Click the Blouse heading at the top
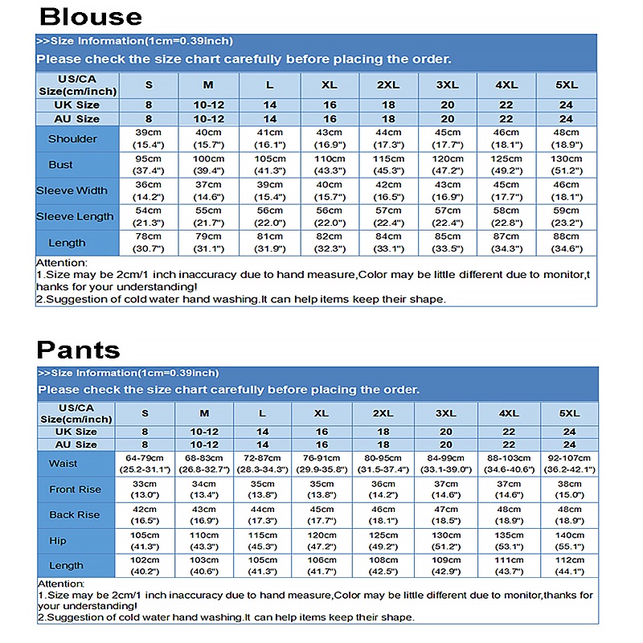[91, 16]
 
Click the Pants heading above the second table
[79, 349]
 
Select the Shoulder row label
[72, 139]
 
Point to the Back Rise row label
[74, 515]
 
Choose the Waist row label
[63, 464]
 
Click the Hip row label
[57, 541]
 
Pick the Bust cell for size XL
[330, 165]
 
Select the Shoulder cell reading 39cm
[149, 139]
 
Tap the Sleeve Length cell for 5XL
[567, 217]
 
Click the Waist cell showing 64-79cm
[145, 464]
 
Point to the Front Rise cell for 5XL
[569, 489]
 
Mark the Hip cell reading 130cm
[447, 541]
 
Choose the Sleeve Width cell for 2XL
[388, 191]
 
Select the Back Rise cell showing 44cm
[263, 515]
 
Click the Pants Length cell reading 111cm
[508, 566]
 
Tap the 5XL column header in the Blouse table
[567, 85]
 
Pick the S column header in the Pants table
[145, 413]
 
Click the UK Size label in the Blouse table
[77, 105]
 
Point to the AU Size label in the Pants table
[76, 444]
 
